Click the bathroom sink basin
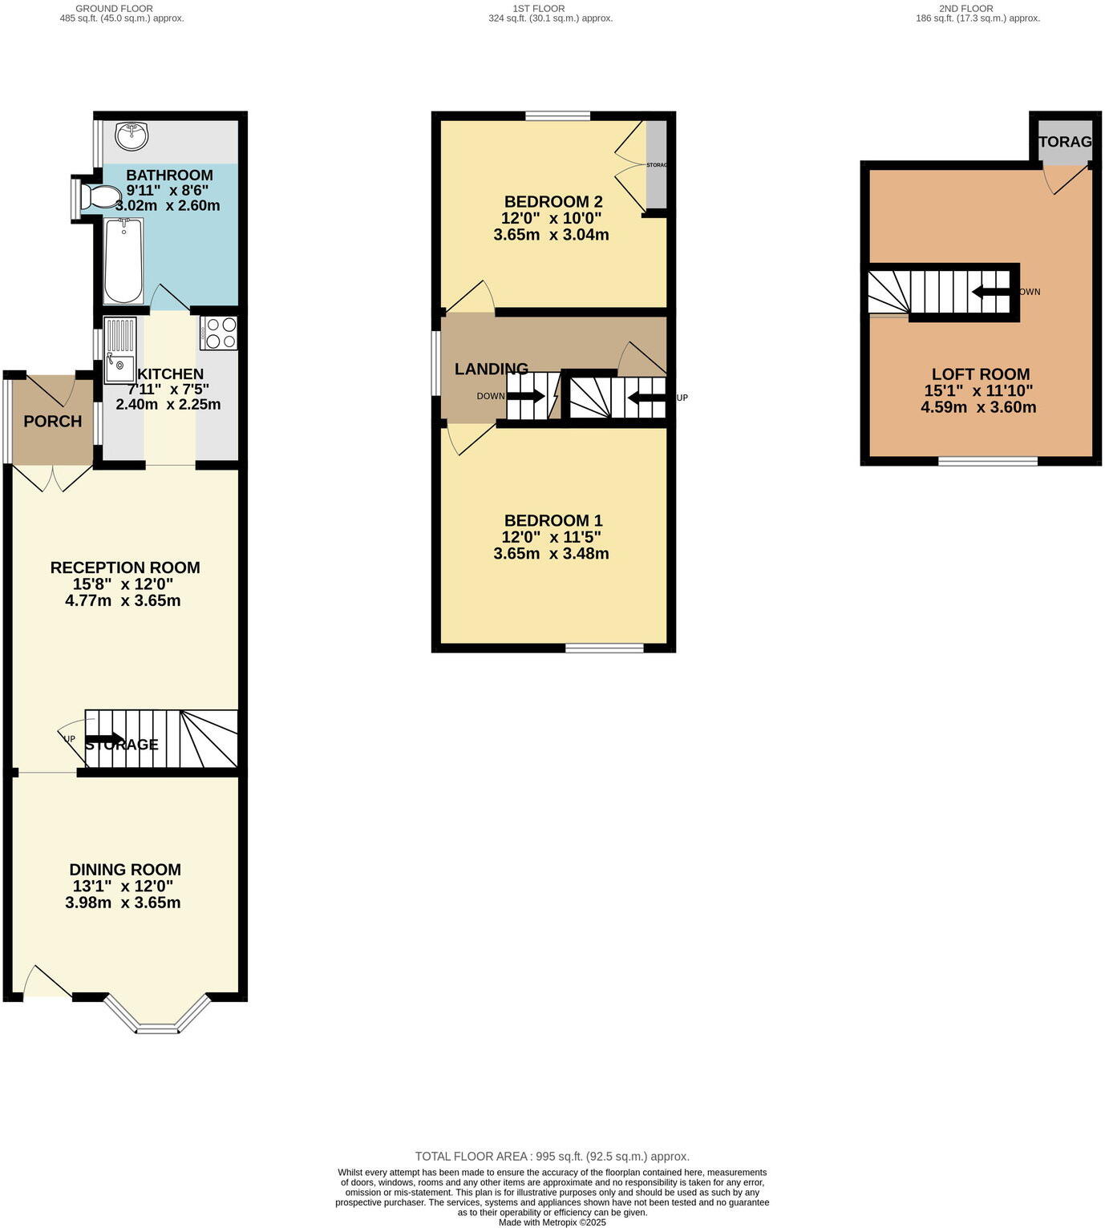pyautogui.click(x=132, y=135)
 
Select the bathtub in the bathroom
pyautogui.click(x=123, y=261)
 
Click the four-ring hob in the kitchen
pyautogui.click(x=219, y=333)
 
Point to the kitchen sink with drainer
pyautogui.click(x=119, y=351)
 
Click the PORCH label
pyautogui.click(x=53, y=422)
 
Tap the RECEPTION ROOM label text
pyautogui.click(x=125, y=568)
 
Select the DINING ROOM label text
pyautogui.click(x=125, y=870)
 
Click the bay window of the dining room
pyautogui.click(x=157, y=1018)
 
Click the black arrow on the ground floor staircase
pyautogui.click(x=103, y=739)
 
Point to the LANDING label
pyautogui.click(x=492, y=370)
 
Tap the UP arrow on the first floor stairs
pyautogui.click(x=646, y=397)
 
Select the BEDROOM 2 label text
pyautogui.click(x=553, y=202)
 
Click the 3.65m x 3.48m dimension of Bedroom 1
pyautogui.click(x=552, y=554)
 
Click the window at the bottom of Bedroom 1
pyautogui.click(x=605, y=648)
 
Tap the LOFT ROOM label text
pyautogui.click(x=980, y=374)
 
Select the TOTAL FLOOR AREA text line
pyautogui.click(x=552, y=1156)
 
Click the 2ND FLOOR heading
pyautogui.click(x=965, y=9)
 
